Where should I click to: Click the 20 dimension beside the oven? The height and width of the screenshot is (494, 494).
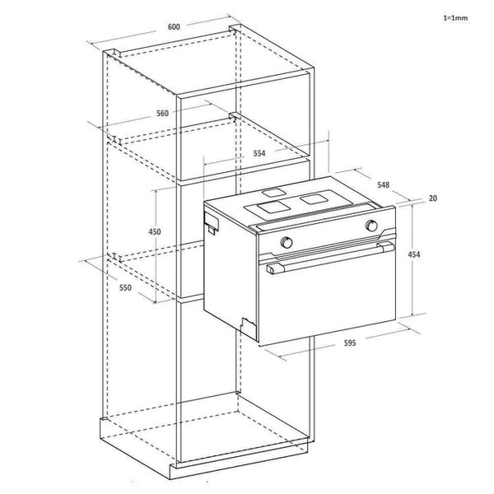[x=432, y=199]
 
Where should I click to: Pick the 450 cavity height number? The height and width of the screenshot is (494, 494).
[x=154, y=232]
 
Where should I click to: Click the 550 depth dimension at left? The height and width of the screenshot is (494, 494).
[x=125, y=289]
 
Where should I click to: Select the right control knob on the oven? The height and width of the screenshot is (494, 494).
[x=372, y=225]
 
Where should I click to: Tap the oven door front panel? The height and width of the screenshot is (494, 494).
[x=329, y=296]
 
